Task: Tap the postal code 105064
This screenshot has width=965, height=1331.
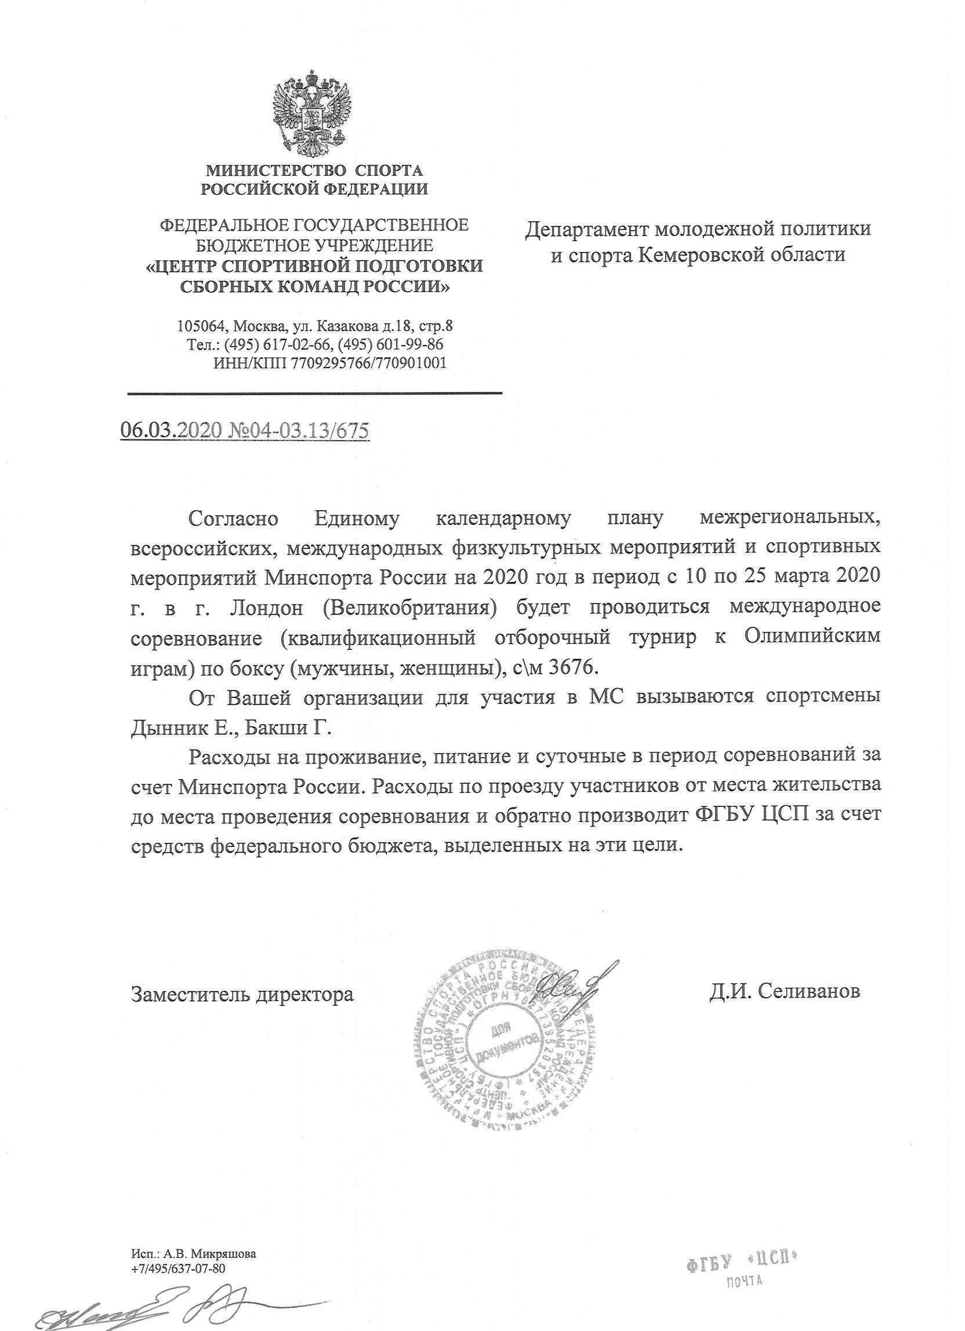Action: pos(204,326)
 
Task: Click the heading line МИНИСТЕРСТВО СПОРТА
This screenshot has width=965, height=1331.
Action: pos(314,171)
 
